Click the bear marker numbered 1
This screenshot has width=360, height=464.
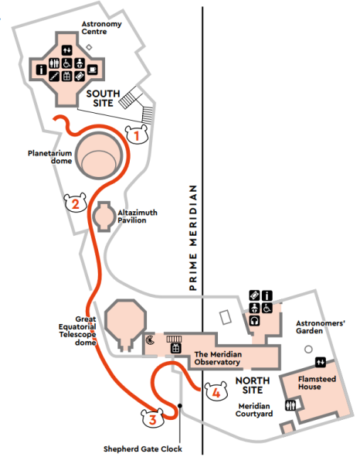(136, 135)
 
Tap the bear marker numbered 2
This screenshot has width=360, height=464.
(76, 203)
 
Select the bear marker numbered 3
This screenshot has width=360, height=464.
(152, 418)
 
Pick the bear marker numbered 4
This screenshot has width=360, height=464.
(216, 391)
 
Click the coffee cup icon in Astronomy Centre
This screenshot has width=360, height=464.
(92, 70)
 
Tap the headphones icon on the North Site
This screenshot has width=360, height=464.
(254, 320)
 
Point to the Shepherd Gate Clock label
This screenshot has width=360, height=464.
(143, 449)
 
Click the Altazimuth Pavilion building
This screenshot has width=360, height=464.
(104, 217)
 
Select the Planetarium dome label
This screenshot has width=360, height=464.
(50, 157)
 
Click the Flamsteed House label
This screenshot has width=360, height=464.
(317, 383)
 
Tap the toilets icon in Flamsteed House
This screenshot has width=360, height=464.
(290, 405)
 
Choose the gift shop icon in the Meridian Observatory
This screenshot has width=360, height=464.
(176, 348)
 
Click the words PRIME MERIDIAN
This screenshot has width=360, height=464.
(193, 237)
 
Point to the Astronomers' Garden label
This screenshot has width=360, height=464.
(321, 327)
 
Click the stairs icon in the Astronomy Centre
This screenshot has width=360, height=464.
(54, 77)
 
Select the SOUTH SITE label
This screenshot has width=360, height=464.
(104, 98)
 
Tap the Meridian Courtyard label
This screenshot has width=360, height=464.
(254, 410)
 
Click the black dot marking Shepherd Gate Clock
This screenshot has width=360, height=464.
(180, 406)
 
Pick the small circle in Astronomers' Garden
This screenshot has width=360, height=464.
(308, 350)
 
